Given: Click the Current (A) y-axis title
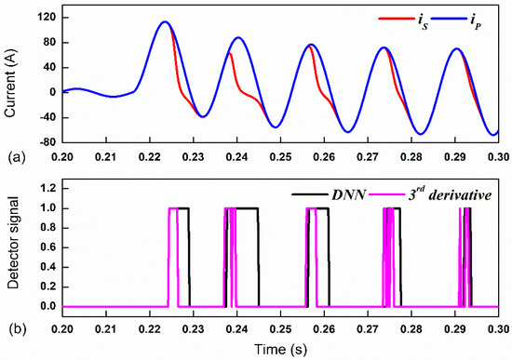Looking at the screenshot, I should [12, 79].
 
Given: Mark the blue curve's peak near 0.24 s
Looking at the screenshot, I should [238, 38].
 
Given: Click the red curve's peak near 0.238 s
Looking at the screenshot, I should [229, 54].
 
